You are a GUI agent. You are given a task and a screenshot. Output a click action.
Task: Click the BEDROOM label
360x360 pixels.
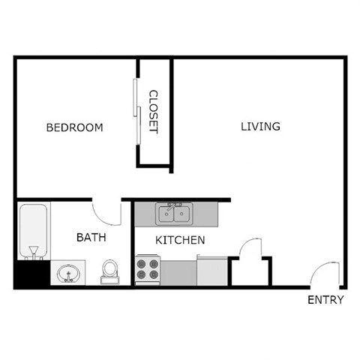[74, 127]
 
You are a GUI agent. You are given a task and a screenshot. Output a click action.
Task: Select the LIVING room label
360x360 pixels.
[260, 126]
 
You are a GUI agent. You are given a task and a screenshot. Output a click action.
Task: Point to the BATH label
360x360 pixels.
[91, 237]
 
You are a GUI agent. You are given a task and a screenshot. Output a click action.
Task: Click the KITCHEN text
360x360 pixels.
[180, 241]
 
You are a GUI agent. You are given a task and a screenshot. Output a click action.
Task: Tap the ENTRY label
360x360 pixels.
[325, 300]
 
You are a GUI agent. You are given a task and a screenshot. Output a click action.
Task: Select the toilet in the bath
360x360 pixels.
[110, 269]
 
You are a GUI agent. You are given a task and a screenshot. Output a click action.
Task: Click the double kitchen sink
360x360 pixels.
[173, 214]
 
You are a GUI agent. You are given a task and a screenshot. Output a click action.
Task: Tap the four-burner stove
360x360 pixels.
[148, 268]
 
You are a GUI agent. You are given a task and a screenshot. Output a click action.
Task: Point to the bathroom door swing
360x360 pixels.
[107, 211]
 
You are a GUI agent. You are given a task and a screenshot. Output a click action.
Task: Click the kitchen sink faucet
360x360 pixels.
[173, 205]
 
